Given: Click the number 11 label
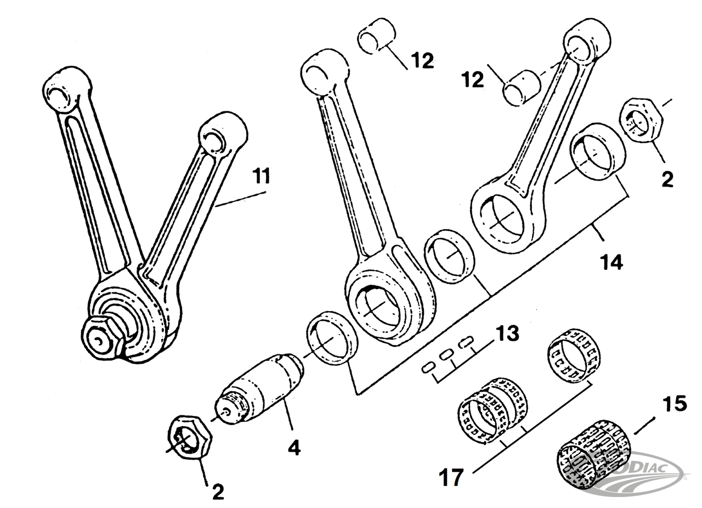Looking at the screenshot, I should click(x=262, y=177).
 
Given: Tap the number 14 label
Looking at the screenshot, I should click(x=612, y=262).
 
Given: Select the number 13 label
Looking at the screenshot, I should click(x=507, y=333).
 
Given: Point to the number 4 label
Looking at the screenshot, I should click(x=294, y=448).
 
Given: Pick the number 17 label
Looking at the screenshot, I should click(x=451, y=477).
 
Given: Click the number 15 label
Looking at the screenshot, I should click(x=674, y=404).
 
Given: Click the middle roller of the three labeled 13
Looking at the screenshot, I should click(x=447, y=354).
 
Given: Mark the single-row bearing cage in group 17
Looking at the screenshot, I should click(x=574, y=355).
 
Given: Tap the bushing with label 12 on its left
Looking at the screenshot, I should click(x=522, y=87).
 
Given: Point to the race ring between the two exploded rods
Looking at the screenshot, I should click(x=450, y=257).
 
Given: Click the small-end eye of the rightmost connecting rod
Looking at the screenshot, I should click(x=586, y=44).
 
